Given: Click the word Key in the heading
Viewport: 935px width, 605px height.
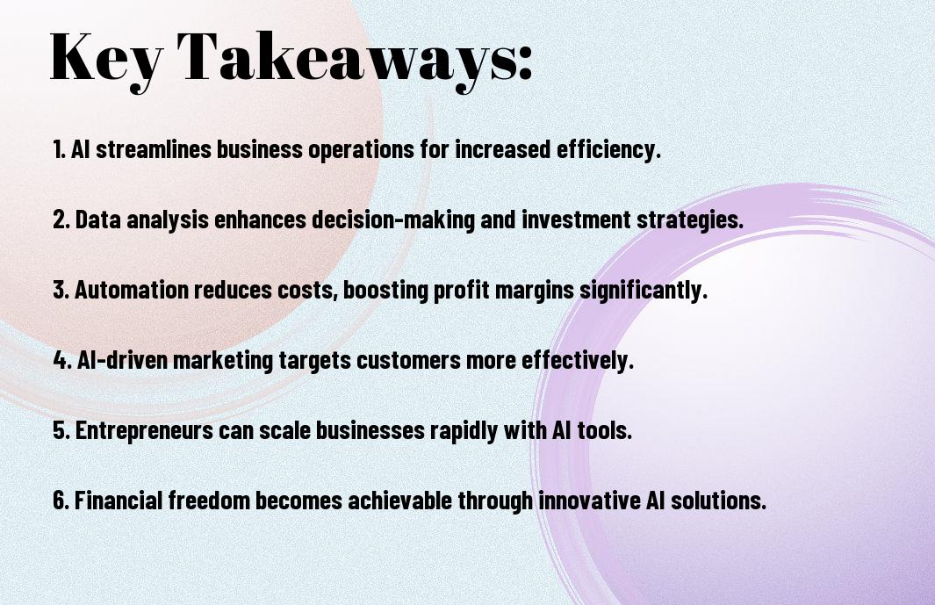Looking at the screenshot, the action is pos(105,60).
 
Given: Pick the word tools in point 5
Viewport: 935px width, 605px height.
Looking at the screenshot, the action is pos(605,430).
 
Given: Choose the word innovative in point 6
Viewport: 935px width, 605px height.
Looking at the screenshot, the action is pos(590,500).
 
